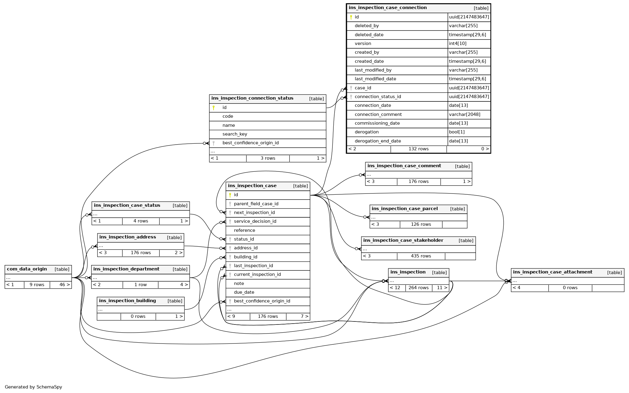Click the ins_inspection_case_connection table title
[387, 8]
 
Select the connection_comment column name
[378, 114]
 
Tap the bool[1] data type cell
[457, 132]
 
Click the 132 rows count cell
[418, 149]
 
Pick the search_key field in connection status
[235, 134]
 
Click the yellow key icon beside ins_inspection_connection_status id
[213, 108]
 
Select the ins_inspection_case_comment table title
[404, 166]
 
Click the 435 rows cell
[421, 256]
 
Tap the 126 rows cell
[421, 225]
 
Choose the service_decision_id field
[255, 222]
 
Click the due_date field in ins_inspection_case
[244, 292]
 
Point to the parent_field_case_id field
[256, 204]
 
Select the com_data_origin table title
[27, 269]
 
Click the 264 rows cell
[418, 288]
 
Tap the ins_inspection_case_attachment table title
[552, 272]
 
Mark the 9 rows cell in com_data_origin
[37, 285]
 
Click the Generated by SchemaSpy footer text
[33, 387]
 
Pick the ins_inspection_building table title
[127, 301]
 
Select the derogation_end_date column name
[377, 141]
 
